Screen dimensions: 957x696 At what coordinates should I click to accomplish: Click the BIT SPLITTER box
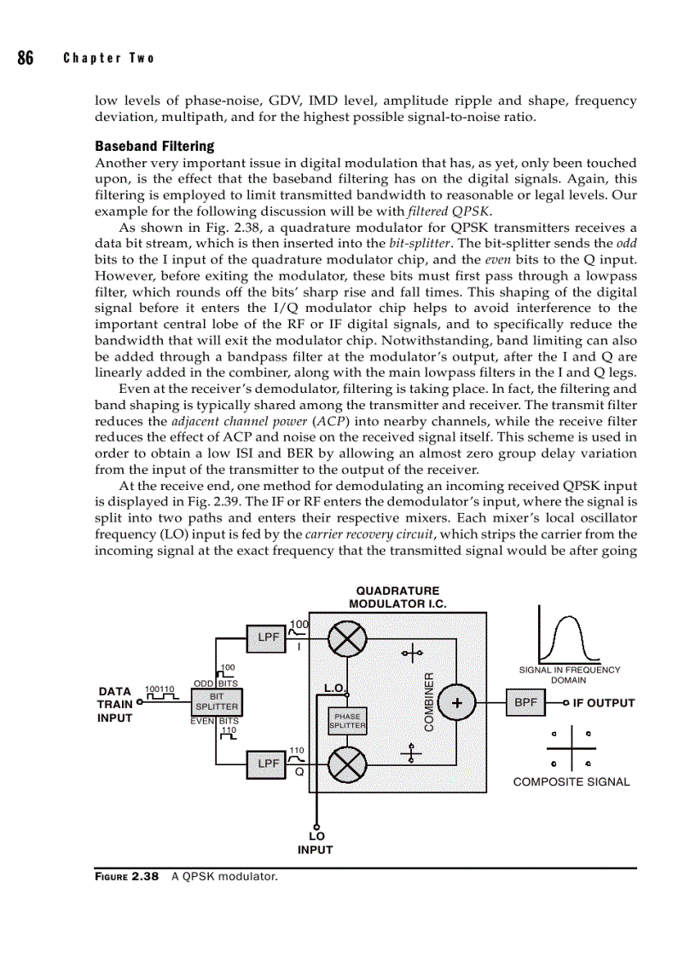217,701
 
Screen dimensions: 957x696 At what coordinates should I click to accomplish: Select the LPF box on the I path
269,637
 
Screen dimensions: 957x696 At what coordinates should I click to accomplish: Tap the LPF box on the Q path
269,764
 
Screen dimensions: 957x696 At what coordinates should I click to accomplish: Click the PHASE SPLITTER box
347,721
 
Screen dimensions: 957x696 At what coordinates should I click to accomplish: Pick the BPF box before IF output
525,703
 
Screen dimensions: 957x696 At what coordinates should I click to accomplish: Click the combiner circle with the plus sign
458,703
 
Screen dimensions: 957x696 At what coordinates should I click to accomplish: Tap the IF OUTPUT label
604,703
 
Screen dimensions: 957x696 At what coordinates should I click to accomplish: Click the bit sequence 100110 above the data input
159,689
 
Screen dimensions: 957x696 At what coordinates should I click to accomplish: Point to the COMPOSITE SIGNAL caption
571,781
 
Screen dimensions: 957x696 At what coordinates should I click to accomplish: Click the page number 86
25,58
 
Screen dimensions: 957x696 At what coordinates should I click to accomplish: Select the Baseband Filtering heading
154,146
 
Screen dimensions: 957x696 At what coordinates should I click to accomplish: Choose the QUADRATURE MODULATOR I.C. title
397,597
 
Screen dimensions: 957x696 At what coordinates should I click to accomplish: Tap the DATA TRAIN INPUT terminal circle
139,704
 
